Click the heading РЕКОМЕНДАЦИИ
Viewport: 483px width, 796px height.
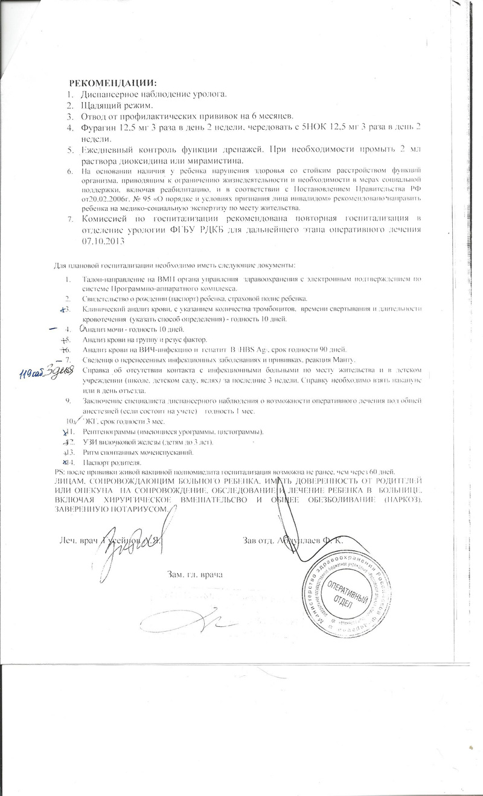click(112, 83)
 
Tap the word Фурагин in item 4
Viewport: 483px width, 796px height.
click(98, 127)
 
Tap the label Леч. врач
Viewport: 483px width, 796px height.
click(78, 539)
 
